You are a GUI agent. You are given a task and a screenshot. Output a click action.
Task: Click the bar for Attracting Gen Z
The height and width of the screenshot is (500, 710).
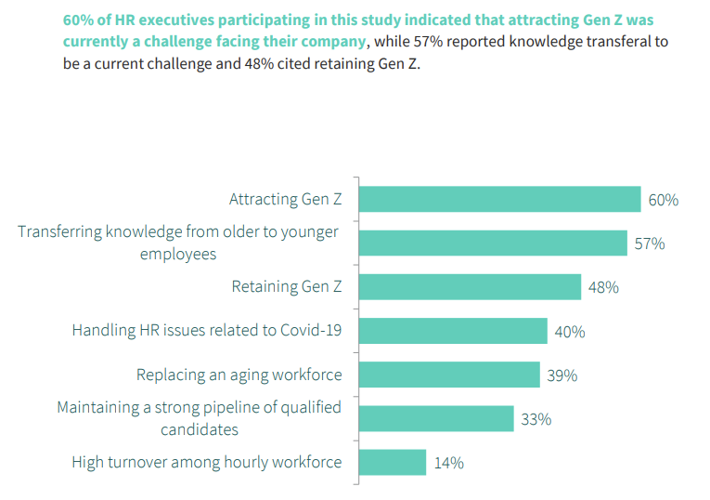499,200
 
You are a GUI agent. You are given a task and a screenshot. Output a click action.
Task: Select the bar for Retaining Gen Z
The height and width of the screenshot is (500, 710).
470,287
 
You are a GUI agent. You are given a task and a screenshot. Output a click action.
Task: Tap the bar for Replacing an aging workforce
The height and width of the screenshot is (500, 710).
449,375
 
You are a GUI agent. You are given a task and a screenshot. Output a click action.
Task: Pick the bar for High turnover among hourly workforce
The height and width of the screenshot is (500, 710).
392,462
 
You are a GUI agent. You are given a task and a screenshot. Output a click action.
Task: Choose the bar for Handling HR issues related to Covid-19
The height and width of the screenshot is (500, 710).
453,331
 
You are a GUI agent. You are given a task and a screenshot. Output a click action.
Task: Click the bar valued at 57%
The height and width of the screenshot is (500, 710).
493,243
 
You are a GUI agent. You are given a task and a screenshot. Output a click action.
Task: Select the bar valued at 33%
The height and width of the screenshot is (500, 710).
436,418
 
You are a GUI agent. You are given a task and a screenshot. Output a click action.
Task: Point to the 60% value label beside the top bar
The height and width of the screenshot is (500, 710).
664,200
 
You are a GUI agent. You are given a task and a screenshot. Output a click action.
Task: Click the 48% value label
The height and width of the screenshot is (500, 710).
603,287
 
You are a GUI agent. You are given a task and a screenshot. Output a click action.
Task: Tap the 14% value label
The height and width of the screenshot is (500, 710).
448,462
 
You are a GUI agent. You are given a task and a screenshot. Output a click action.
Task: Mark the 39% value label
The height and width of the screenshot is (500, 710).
562,375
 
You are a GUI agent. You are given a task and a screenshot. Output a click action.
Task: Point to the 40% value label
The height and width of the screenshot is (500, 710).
570,332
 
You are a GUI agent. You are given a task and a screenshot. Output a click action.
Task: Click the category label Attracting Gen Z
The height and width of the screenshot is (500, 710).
285,200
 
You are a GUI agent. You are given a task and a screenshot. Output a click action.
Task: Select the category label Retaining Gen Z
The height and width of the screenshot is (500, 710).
286,287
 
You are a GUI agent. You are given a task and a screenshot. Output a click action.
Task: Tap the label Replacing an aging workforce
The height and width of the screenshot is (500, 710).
239,375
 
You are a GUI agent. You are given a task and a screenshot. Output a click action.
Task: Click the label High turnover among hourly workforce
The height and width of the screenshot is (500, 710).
206,462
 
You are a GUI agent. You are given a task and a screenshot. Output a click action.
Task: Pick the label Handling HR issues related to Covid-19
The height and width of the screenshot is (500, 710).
206,331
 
